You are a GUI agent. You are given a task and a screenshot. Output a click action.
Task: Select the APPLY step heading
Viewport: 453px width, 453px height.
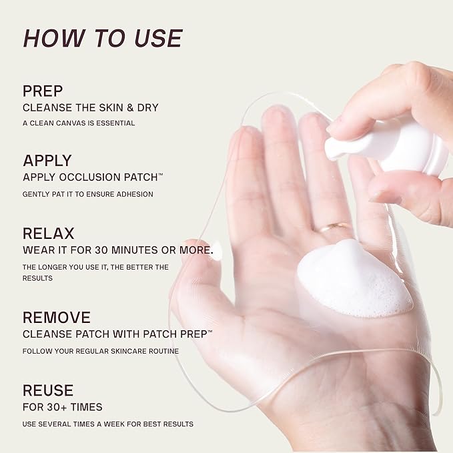(x=47, y=160)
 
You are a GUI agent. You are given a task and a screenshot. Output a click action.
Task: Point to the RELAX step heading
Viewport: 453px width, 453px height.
(x=48, y=234)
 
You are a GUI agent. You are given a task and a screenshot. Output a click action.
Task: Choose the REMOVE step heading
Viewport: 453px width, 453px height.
(x=56, y=317)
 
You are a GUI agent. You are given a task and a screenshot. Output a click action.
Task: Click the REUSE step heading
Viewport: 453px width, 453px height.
(x=48, y=390)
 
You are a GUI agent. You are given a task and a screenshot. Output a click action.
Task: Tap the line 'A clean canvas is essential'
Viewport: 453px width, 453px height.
(x=79, y=123)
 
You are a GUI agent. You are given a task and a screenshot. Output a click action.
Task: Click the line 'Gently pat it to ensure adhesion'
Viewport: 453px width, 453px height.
(x=87, y=194)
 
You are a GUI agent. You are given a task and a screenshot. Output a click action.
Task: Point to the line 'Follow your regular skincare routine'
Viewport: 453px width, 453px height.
(x=100, y=350)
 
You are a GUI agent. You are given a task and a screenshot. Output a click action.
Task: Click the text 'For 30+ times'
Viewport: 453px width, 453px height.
(x=63, y=407)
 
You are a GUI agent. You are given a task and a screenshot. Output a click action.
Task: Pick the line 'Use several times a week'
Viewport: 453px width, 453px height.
(x=107, y=424)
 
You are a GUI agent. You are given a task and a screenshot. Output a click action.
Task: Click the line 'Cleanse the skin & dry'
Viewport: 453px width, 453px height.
(x=90, y=107)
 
